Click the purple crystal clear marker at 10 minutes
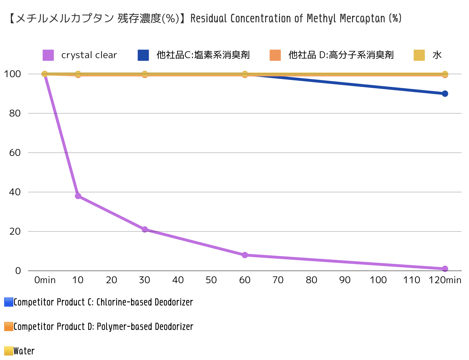pyautogui.click(x=78, y=196)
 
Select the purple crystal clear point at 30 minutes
pyautogui.click(x=145, y=229)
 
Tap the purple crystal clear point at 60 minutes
pyautogui.click(x=245, y=255)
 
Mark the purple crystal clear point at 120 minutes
pyautogui.click(x=445, y=269)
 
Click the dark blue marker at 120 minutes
pyautogui.click(x=445, y=94)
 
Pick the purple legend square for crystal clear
pyautogui.click(x=48, y=55)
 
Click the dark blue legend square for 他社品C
pyautogui.click(x=143, y=55)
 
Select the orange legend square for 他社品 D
pyautogui.click(x=275, y=55)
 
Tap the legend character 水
pyautogui.click(x=437, y=55)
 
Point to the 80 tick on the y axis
pyautogui.click(x=15, y=113)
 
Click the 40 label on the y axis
pyautogui.click(x=15, y=192)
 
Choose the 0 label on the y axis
pyautogui.click(x=18, y=271)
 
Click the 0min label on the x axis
pyautogui.click(x=45, y=280)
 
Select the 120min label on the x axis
pyautogui.click(x=445, y=280)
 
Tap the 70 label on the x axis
pyautogui.click(x=278, y=280)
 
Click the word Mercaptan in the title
pyautogui.click(x=362, y=19)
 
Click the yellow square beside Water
pyautogui.click(x=9, y=351)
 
